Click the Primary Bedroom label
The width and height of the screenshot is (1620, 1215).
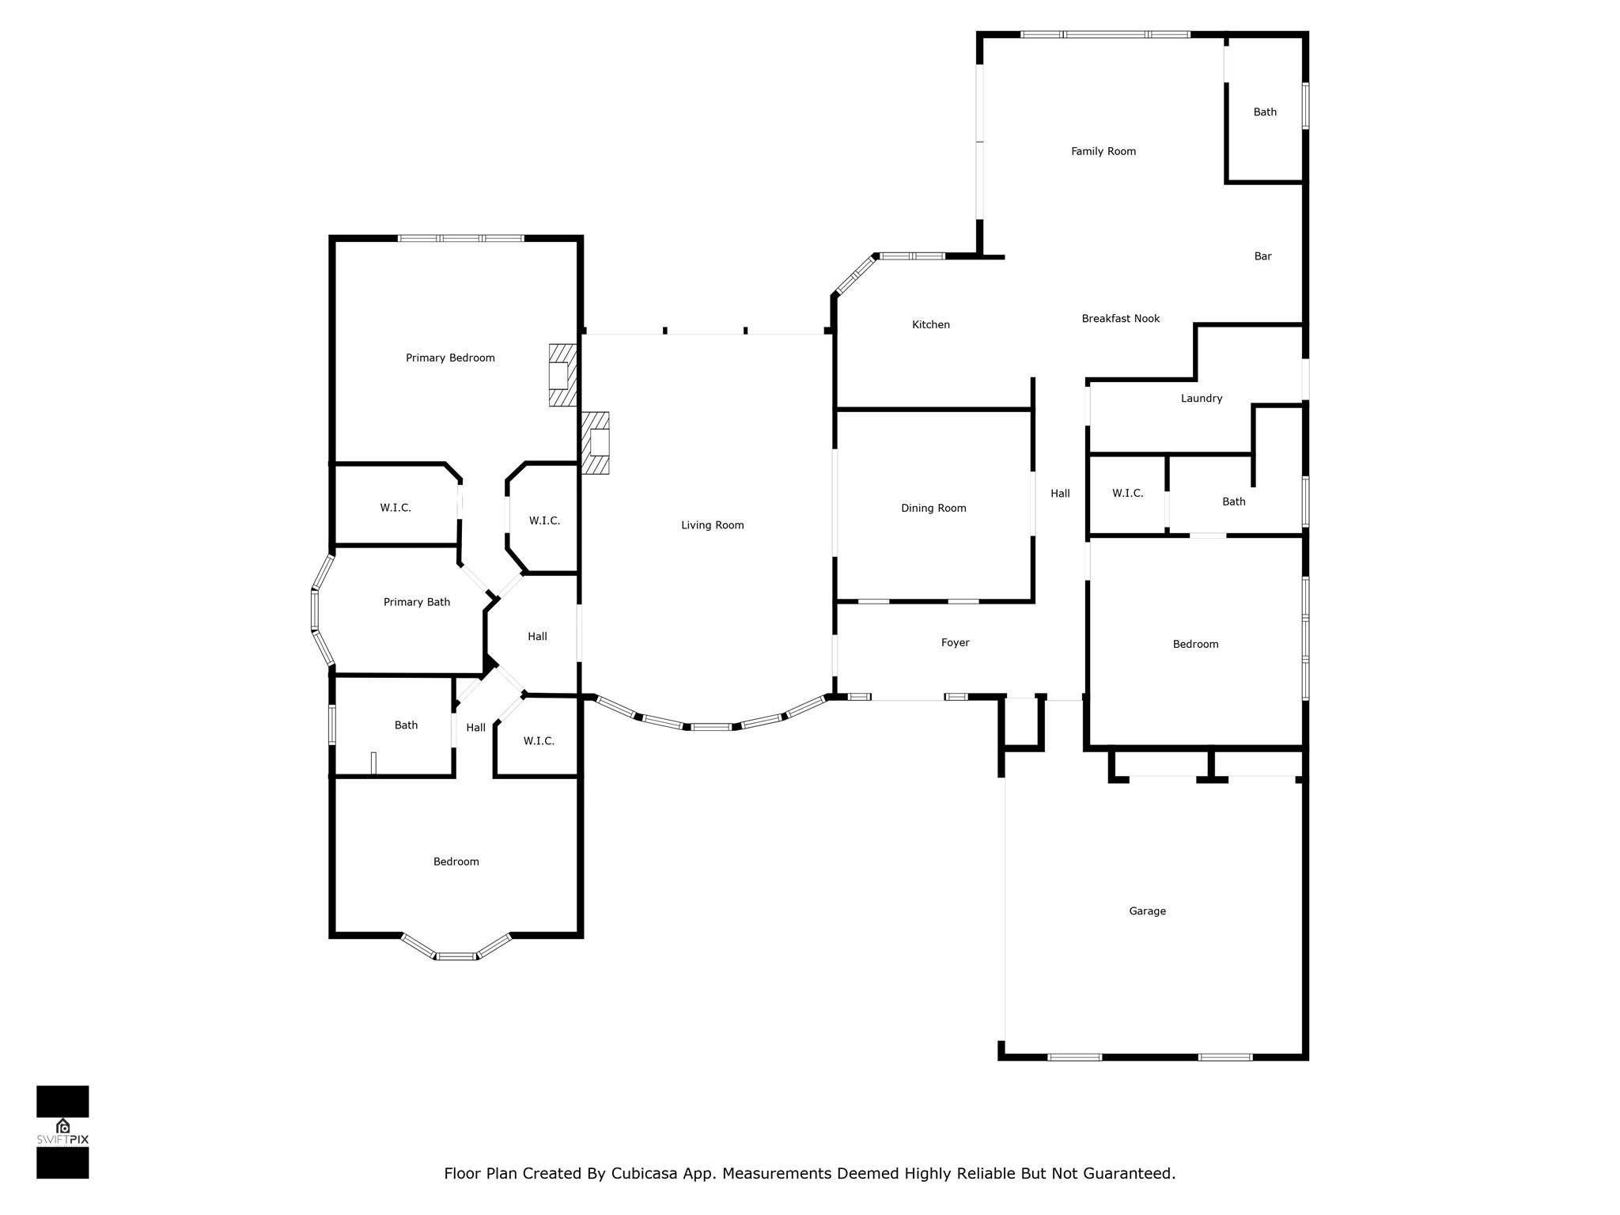click(x=450, y=358)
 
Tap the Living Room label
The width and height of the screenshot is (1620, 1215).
click(x=712, y=525)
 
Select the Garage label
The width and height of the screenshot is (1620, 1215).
click(x=1147, y=911)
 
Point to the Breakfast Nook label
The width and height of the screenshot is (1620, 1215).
click(x=1120, y=319)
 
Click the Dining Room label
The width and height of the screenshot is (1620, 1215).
click(x=933, y=509)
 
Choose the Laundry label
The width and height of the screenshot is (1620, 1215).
click(x=1202, y=399)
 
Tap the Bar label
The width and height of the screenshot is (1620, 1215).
click(x=1262, y=256)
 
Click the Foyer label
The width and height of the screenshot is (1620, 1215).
click(x=955, y=643)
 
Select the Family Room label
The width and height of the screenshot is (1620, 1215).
click(x=1103, y=152)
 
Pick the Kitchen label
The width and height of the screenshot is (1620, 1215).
click(x=930, y=325)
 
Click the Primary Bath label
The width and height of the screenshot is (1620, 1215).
click(x=416, y=603)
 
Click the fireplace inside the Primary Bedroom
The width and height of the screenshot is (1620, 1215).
click(x=562, y=375)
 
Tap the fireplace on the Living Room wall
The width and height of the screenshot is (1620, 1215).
click(x=596, y=442)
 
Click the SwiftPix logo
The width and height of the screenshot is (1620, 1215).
click(x=62, y=1132)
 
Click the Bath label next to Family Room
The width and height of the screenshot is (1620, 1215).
click(x=1265, y=112)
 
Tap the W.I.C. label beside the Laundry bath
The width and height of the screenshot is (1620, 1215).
click(x=1127, y=494)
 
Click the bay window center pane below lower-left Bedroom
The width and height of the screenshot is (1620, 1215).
click(x=457, y=956)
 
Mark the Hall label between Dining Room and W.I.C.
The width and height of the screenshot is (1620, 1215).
click(x=1060, y=494)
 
